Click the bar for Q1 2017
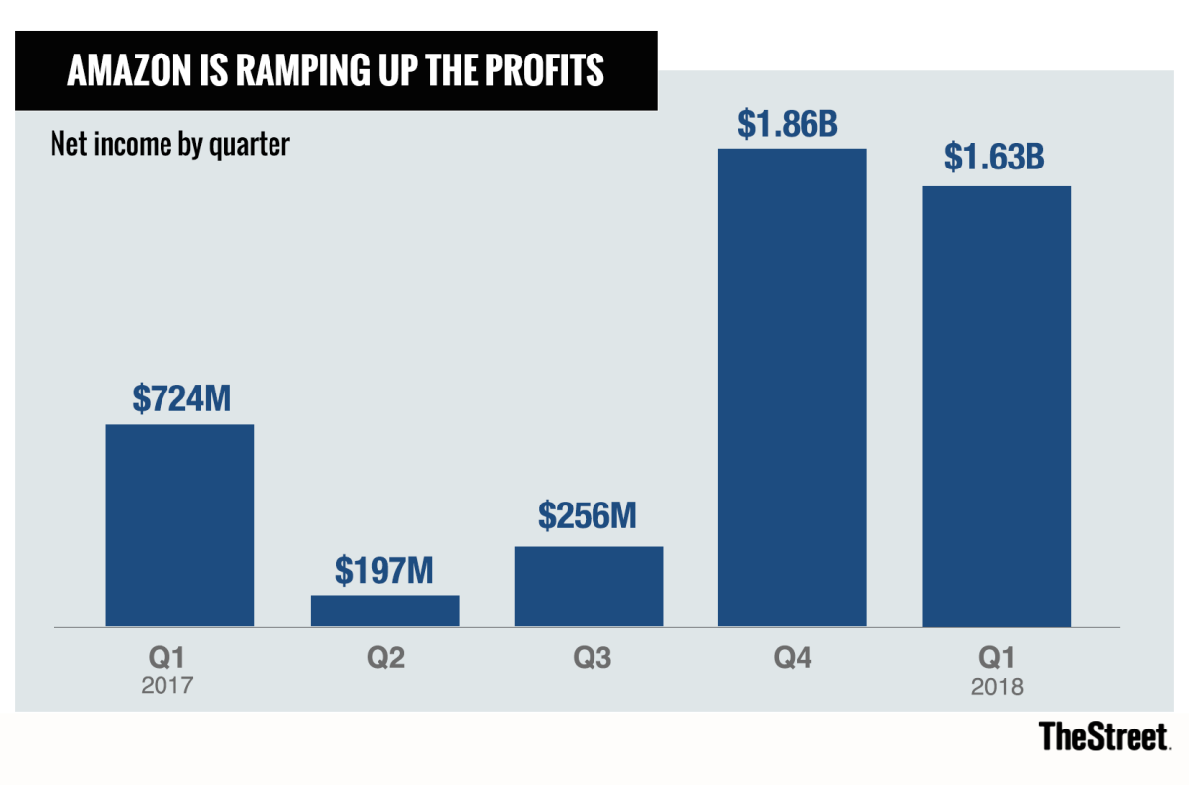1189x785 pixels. coord(179,525)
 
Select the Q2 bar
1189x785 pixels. coord(384,611)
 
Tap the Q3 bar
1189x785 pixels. coord(589,586)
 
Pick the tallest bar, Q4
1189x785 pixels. coord(793,388)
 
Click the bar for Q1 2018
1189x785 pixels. coord(997,406)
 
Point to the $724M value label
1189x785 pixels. coord(179,398)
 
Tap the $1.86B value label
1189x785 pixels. coord(793,123)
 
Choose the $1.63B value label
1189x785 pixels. coord(997,160)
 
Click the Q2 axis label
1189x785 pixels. coord(384,658)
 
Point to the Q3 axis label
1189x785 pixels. coord(589,658)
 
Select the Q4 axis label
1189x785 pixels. coord(793,658)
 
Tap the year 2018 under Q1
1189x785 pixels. coord(997,686)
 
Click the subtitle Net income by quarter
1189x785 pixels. coord(169,145)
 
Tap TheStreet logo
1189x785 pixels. coord(1105,735)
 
